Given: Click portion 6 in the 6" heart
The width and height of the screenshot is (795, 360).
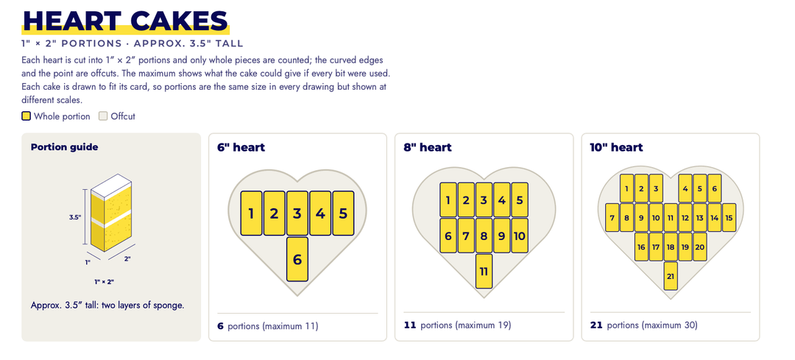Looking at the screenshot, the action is click(297, 259).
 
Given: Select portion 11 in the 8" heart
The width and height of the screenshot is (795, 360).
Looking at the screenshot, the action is click(484, 271).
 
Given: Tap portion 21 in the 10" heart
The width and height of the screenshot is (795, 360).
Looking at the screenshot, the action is click(671, 276).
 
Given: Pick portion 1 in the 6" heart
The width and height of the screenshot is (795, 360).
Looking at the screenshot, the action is click(251, 213).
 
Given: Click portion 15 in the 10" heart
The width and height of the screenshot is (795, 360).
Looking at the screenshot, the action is click(729, 217).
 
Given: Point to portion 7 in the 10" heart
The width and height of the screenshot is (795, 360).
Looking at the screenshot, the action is click(612, 217).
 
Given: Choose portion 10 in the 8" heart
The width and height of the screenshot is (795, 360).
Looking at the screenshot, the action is click(520, 236).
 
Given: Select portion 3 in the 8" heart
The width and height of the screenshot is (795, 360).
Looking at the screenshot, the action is click(484, 200).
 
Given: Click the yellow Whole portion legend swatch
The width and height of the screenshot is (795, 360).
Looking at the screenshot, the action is click(26, 116).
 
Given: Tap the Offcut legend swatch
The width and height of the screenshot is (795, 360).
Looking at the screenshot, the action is click(104, 116).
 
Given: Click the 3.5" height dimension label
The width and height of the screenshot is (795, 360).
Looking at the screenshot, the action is click(75, 217).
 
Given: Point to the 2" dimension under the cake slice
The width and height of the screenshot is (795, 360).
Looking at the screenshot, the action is click(127, 258).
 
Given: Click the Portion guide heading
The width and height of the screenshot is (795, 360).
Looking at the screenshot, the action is click(64, 147).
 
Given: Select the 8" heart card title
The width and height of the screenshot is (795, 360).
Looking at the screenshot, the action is click(428, 147).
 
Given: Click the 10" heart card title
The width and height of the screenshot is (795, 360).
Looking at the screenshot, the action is click(616, 147).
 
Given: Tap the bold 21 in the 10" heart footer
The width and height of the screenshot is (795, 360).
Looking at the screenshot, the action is click(596, 325).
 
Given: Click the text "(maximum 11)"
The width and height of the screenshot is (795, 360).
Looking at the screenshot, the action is click(290, 326).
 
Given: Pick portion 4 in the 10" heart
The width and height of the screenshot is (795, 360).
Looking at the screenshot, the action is click(685, 188).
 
